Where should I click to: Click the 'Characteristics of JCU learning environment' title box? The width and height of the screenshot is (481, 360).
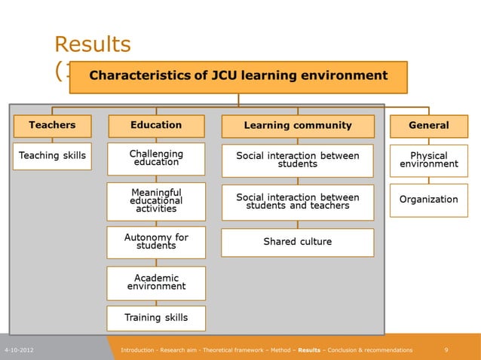(x=238, y=76)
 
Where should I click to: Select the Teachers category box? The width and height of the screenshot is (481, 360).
(x=52, y=126)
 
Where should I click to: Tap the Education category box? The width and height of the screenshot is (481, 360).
(x=156, y=126)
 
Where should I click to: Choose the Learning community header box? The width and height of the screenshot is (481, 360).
(x=298, y=126)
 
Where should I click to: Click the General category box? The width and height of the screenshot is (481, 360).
(x=428, y=126)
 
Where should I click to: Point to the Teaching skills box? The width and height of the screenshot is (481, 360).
(x=52, y=156)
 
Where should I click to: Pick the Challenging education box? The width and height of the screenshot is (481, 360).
(x=156, y=159)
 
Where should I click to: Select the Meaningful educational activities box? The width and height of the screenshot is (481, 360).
(x=156, y=201)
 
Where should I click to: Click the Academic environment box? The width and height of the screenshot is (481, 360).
(x=156, y=283)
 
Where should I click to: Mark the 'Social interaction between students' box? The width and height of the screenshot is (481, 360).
(x=298, y=160)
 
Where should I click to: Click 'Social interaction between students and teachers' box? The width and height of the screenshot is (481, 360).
(x=298, y=201)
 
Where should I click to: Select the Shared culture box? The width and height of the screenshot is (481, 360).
(x=298, y=243)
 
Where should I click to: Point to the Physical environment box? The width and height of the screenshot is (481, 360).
(x=428, y=160)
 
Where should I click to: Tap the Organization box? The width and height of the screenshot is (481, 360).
(x=428, y=200)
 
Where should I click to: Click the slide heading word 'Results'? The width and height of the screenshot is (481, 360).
(x=93, y=44)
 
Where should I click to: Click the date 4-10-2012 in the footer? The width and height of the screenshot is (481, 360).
(x=18, y=350)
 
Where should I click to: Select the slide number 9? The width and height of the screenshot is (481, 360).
(x=447, y=350)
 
